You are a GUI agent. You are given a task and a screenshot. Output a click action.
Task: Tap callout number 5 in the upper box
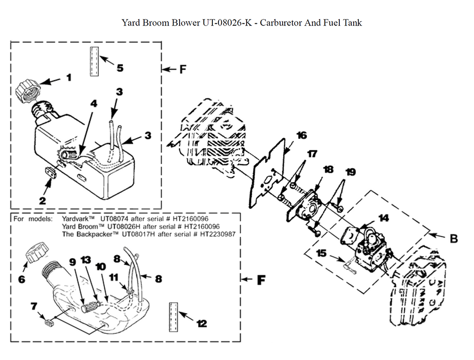120,68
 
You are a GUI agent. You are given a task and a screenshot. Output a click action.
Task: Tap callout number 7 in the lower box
34,306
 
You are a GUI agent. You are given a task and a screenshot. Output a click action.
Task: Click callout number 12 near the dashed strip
201,323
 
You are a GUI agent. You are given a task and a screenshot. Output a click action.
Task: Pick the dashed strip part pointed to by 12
173,315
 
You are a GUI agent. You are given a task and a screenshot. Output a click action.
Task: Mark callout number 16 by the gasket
301,136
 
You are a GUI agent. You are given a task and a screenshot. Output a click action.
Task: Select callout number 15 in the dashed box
321,254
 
